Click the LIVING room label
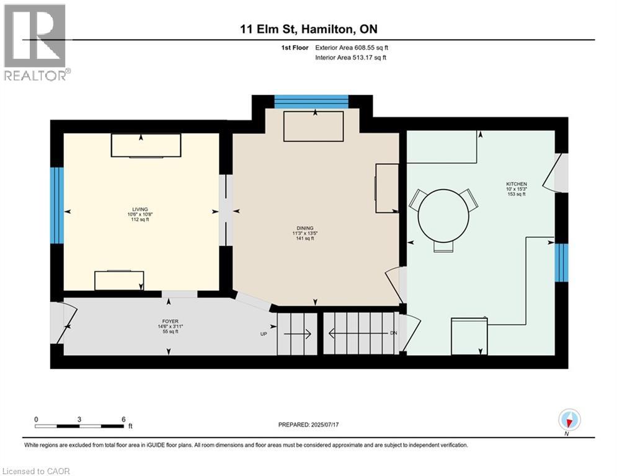click(x=140, y=209)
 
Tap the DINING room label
click(x=305, y=227)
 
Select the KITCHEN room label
click(x=517, y=183)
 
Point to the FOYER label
click(x=171, y=321)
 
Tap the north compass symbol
click(x=569, y=420)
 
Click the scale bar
click(x=79, y=426)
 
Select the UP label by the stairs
click(x=264, y=334)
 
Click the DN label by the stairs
click(x=394, y=333)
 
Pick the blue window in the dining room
click(x=311, y=102)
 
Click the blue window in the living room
click(x=56, y=206)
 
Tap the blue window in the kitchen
click(x=562, y=262)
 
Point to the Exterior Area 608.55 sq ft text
click(x=352, y=48)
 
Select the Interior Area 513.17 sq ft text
click(x=350, y=58)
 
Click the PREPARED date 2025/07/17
click(x=309, y=425)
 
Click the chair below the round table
click(x=443, y=246)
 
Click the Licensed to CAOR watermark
click(x=36, y=471)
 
